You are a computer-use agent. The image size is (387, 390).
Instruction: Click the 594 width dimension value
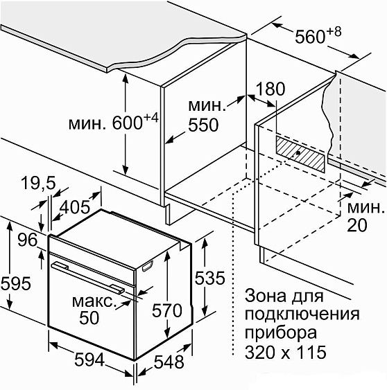click(89, 360)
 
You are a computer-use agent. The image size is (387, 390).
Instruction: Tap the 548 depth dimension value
click(169, 362)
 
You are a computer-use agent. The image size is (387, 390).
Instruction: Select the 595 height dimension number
click(16, 283)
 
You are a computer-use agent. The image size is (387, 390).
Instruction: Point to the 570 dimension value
click(167, 310)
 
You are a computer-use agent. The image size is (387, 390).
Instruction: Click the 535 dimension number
click(209, 278)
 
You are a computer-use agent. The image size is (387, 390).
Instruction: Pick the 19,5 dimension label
click(38, 184)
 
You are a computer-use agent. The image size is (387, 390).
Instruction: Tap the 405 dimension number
click(75, 207)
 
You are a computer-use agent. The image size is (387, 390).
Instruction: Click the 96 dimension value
click(28, 240)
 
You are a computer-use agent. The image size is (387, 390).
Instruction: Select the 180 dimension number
click(270, 89)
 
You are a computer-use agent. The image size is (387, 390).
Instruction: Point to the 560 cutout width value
click(310, 37)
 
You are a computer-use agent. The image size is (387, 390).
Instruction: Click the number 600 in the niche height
click(127, 123)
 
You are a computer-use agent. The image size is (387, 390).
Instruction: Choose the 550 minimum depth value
click(203, 125)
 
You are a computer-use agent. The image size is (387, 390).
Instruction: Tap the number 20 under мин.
click(357, 225)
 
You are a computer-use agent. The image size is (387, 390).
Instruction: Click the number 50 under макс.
click(89, 318)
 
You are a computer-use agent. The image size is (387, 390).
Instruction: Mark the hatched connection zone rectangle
click(300, 154)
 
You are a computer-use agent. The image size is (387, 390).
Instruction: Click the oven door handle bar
click(87, 276)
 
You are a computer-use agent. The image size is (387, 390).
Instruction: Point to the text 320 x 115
click(285, 352)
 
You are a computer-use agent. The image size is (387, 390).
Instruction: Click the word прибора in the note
click(281, 334)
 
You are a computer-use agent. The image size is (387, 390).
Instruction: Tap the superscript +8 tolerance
click(334, 32)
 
